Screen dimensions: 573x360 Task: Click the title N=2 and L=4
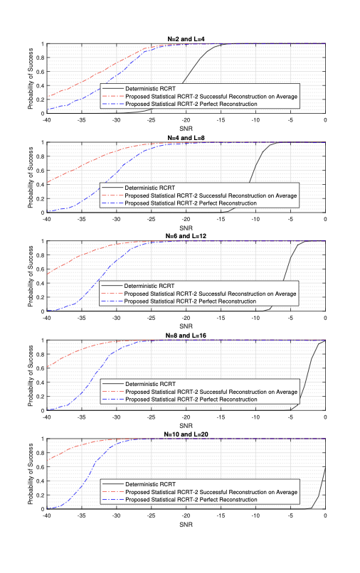[186, 39]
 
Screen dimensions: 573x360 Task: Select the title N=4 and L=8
[186, 138]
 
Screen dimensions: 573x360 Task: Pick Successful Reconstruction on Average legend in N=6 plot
[210, 294]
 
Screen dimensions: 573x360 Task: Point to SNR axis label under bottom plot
[186, 525]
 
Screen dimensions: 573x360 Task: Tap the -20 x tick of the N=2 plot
[186, 120]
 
